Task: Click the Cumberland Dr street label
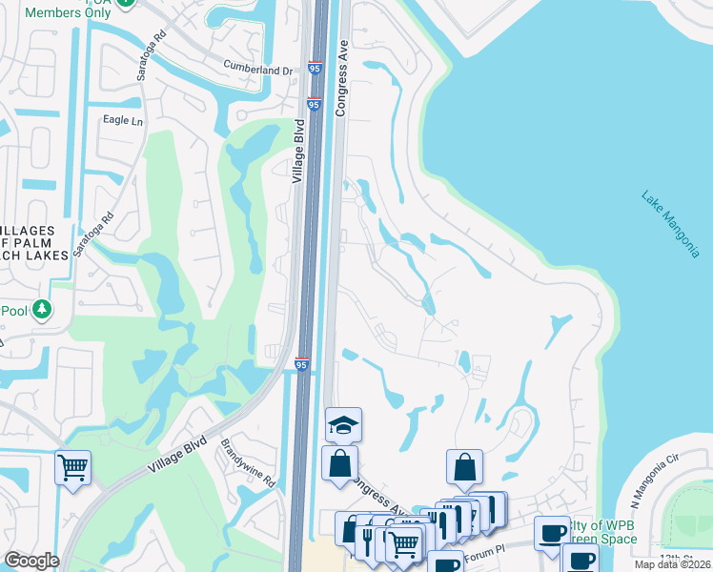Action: click(x=258, y=70)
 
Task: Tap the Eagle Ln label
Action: click(x=123, y=121)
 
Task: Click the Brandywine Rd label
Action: click(x=248, y=462)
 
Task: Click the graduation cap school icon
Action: click(x=343, y=423)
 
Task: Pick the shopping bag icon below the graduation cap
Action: click(x=340, y=464)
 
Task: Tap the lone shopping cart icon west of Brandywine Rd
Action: click(x=72, y=468)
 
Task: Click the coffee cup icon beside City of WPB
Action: click(x=551, y=532)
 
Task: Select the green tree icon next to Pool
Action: click(x=42, y=310)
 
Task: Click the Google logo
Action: click(x=31, y=561)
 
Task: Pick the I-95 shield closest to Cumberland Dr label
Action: click(x=316, y=69)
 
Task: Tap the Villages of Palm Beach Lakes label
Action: click(x=35, y=243)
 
